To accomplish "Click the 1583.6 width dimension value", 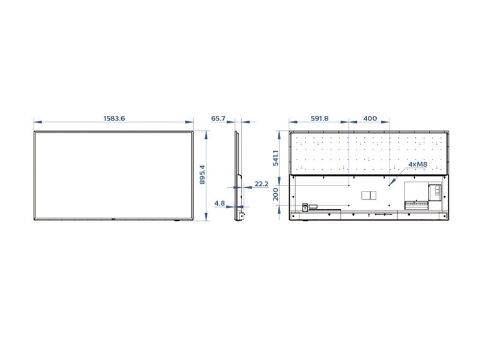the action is point(114,118).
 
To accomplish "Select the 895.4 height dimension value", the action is point(202,175).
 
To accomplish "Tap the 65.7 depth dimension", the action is point(218,118).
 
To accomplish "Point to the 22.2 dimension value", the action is point(262,184).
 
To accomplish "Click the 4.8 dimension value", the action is point(220,203).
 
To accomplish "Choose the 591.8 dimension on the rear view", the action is point(320,118).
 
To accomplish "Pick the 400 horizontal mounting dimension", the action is point(370,118).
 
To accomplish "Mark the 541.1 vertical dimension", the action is point(276,158).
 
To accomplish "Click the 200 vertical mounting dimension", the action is point(276,194).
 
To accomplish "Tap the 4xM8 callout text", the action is point(418,164).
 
